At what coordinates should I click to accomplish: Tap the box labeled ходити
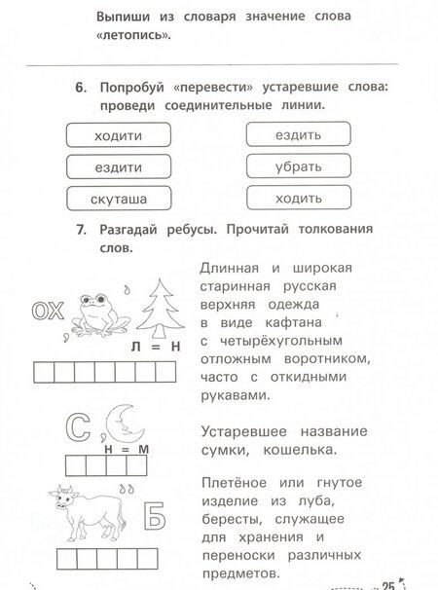point(120,134)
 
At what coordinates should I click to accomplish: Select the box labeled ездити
point(120,166)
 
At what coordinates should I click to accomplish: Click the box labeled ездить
point(297,134)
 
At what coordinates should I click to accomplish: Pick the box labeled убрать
point(297,166)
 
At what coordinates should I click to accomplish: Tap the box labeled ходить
point(297,199)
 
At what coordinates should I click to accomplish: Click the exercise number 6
point(81,89)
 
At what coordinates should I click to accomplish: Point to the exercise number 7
point(81,231)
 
